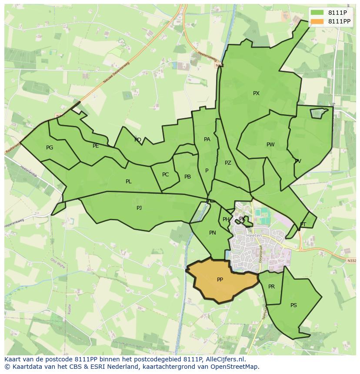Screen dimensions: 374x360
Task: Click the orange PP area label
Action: pos(220,280)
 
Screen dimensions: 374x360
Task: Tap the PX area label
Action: pos(256,93)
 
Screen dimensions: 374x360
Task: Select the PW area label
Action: pos(270,145)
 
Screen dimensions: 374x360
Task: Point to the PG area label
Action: pos(50,148)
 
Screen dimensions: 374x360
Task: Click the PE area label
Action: pos(96,146)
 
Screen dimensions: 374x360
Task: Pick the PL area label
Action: pos(128,182)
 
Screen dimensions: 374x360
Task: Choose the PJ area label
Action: pos(139,208)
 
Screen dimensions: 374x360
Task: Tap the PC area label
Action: pos(165,175)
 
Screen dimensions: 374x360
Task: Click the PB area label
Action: pos(187,177)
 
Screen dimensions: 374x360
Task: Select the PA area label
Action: pos(207,139)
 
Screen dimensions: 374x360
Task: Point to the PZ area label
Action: pos(228,163)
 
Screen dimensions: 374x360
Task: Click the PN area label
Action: pos(213,233)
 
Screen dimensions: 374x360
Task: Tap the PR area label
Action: pos(271,287)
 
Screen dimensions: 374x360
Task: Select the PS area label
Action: pos(293,305)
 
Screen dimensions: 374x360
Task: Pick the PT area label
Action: pos(303,225)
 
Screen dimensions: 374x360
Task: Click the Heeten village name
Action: pos(254,236)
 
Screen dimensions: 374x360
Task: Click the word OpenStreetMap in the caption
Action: pos(237,367)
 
